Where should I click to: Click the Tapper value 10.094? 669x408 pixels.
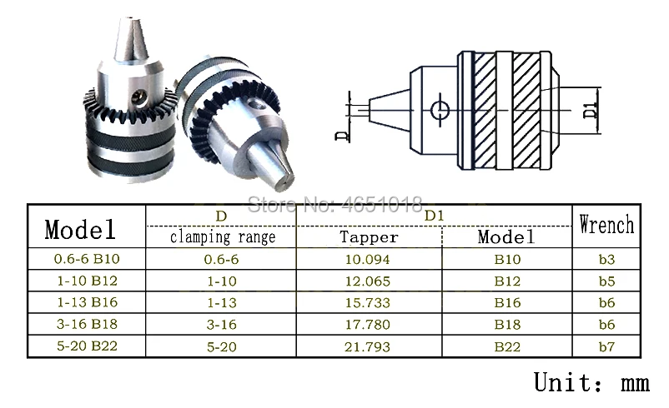coord(367,259)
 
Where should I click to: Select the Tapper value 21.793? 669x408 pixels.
coord(367,346)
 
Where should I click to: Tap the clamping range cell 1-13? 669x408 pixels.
coord(222,303)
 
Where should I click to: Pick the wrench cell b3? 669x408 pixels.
coord(606,259)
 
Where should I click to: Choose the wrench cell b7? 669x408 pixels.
coord(606,346)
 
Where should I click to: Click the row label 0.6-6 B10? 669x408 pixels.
coord(87,259)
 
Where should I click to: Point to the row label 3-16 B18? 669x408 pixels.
coord(87,324)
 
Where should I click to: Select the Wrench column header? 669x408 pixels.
coord(606,225)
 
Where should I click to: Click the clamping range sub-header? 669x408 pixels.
coord(223,236)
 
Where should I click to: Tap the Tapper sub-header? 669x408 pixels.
coord(369,236)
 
